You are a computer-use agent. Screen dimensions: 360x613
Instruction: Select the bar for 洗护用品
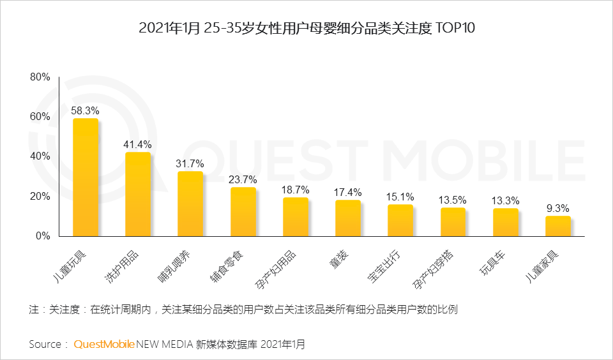pyautogui.click(x=138, y=194)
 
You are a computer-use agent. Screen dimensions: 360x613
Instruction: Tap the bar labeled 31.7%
pyautogui.click(x=190, y=204)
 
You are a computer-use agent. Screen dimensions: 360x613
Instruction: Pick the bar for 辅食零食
pyautogui.click(x=243, y=212)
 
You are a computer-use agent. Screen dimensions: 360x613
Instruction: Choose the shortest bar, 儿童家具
pyautogui.click(x=557, y=226)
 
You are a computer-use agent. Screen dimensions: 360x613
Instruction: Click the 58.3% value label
pyautogui.click(x=85, y=110)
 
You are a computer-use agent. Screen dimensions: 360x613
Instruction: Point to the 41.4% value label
pyautogui.click(x=137, y=144)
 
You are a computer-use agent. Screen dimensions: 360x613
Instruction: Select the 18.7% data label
pyautogui.click(x=295, y=190)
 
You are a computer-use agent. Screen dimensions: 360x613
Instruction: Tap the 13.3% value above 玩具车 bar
pyautogui.click(x=505, y=200)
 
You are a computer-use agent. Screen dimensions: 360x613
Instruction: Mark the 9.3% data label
pyautogui.click(x=557, y=208)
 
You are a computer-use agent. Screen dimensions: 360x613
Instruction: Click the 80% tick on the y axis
pyautogui.click(x=40, y=77)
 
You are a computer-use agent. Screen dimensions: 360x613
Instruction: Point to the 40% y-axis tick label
pyautogui.click(x=40, y=156)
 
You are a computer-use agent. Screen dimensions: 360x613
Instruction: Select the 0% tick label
pyautogui.click(x=42, y=236)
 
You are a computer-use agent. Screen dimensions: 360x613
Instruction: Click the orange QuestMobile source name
pyautogui.click(x=104, y=344)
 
